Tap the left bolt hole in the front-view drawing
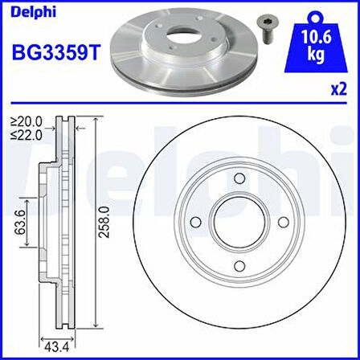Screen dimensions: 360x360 [194, 223]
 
